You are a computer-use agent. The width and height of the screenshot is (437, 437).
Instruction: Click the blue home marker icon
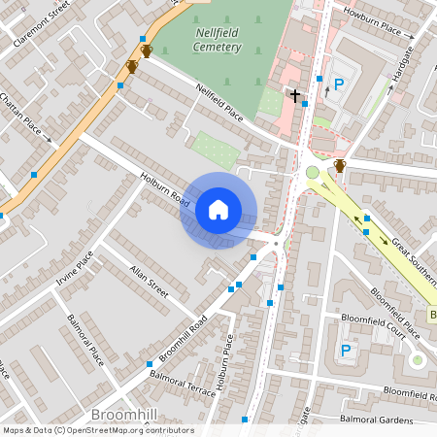pyautogui.click(x=218, y=210)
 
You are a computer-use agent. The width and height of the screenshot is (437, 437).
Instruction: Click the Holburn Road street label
pyautogui.click(x=163, y=186)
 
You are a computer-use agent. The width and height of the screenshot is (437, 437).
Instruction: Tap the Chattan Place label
pyautogui.click(x=20, y=115)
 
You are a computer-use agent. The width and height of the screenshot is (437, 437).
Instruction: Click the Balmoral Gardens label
pyautogui.click(x=377, y=419)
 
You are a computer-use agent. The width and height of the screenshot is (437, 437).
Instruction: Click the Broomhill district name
pyautogui.click(x=123, y=416)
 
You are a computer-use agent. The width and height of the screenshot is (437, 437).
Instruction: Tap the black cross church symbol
pyautogui.click(x=294, y=95)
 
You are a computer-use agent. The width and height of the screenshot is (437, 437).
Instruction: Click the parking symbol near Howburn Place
pyautogui.click(x=339, y=84)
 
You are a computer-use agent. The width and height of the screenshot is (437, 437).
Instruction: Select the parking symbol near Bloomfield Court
pyautogui.click(x=344, y=351)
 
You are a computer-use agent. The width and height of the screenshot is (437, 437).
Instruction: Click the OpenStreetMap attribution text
pyautogui.click(x=97, y=430)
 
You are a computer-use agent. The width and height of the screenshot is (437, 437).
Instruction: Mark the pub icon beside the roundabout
pyautogui.click(x=340, y=166)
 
